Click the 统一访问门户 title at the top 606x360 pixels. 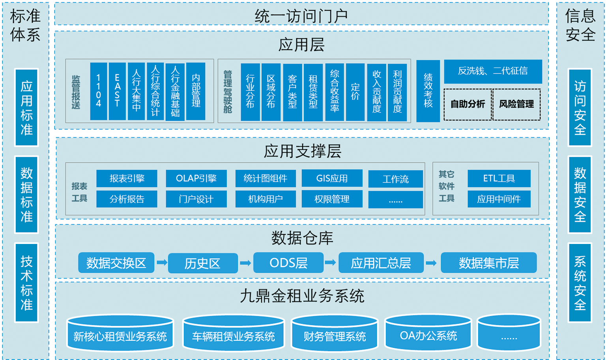pos(301,15)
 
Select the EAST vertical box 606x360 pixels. pos(117,91)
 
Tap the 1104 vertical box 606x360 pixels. pos(98,91)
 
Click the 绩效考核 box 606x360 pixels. pos(428,91)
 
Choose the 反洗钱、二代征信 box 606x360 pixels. pos(493,71)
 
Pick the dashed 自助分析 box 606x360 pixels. pos(468,104)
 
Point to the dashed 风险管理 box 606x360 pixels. pos(516,104)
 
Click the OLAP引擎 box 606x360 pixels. pos(196,178)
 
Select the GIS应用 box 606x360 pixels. pos(332,178)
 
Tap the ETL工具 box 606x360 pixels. pos(499,178)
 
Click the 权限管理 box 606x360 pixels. pos(332,199)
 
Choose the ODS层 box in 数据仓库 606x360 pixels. pos(288,263)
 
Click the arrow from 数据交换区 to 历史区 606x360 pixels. pos(162,262)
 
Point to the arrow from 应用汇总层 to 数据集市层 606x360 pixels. pos(431,262)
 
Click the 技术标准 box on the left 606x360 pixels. pos(26,283)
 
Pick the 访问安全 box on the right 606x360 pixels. pos(580,107)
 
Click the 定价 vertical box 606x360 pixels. pos(355,92)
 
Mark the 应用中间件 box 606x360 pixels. pos(499,199)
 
